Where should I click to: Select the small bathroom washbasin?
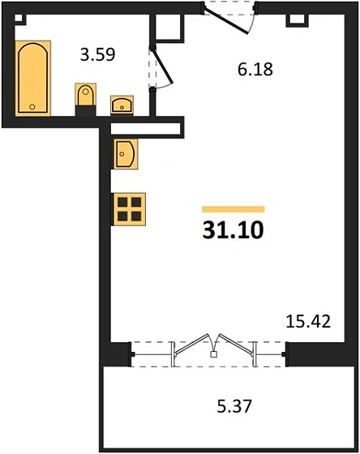[x=122, y=103]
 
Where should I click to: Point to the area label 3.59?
[x=96, y=56]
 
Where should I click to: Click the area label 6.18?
[x=255, y=70]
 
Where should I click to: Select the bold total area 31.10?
[x=233, y=231]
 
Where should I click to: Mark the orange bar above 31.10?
[x=233, y=209]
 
